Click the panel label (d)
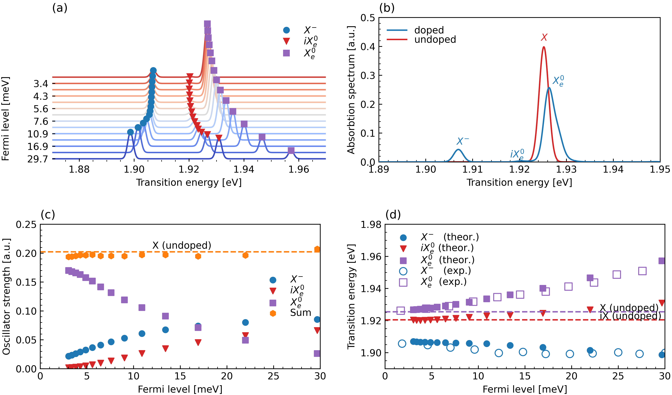393,214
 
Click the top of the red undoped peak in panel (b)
544,47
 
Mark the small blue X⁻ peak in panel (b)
458,150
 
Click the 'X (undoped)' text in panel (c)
182,245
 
